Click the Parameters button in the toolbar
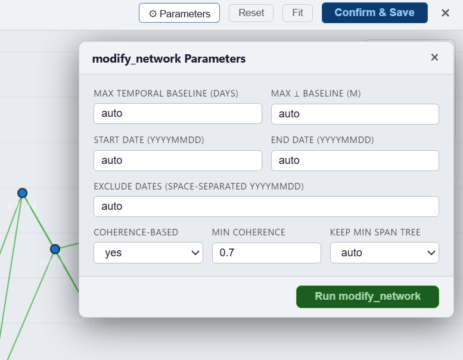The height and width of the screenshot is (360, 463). point(179,13)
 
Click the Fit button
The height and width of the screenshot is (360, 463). point(297,13)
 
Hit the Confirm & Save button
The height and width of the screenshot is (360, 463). point(374,13)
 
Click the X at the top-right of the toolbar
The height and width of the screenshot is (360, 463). point(445,13)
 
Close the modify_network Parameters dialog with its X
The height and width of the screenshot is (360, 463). point(434,57)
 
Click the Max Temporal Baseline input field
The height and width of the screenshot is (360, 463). point(178,113)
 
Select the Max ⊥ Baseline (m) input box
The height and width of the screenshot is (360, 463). point(355,114)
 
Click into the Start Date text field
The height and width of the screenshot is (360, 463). point(178,161)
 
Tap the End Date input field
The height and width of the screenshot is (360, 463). point(355,161)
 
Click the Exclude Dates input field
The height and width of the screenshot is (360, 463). point(266,206)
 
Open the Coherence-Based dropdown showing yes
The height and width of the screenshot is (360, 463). point(148,253)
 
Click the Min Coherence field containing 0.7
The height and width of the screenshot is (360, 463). point(266,253)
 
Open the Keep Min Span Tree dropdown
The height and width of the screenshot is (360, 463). point(384,253)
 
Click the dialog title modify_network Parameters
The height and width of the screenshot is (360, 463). point(169,59)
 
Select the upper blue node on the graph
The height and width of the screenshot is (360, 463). point(23,193)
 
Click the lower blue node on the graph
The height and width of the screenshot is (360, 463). point(55,249)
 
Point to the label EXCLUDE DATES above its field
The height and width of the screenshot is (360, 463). point(198,187)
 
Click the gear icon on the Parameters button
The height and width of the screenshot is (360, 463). point(153,14)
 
